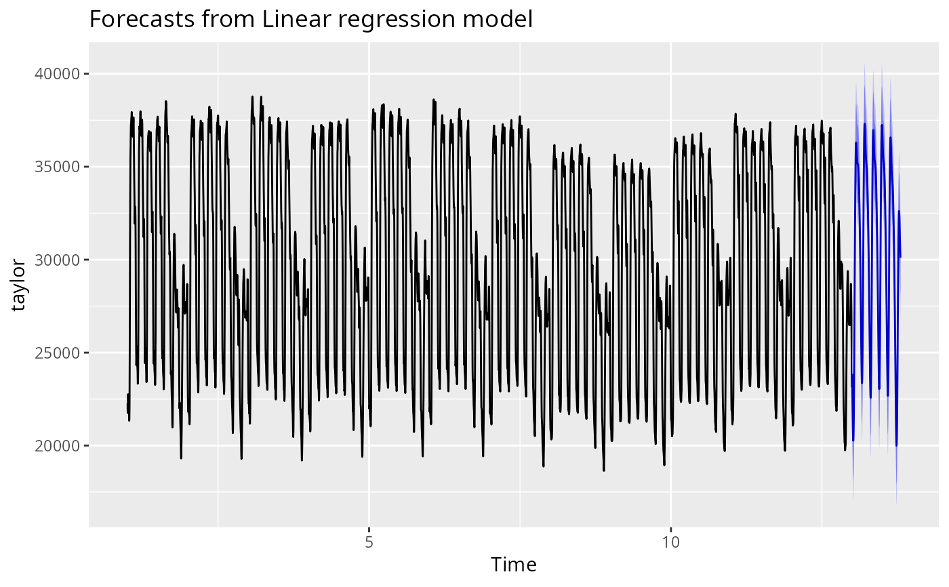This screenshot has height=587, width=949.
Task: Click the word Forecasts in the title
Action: [x=142, y=19]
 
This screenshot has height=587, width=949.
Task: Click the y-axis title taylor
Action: [x=18, y=285]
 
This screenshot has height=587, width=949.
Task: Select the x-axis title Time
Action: [x=514, y=565]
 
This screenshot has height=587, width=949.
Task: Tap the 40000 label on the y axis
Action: [x=57, y=74]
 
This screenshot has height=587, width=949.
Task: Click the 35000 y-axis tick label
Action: [x=57, y=167]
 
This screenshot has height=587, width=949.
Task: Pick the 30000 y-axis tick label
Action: [x=57, y=260]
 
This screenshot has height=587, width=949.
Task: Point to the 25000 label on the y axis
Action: [x=57, y=352]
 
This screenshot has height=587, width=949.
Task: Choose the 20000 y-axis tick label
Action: [x=57, y=445]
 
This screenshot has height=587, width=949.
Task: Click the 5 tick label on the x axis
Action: [x=369, y=542]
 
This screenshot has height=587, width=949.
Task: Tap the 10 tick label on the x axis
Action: [x=671, y=542]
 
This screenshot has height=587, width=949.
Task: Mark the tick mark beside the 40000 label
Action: [x=87, y=74]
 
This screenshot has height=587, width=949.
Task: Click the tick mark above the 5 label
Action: [x=369, y=530]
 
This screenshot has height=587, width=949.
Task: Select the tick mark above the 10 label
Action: [x=671, y=530]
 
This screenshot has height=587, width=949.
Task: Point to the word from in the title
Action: [x=228, y=19]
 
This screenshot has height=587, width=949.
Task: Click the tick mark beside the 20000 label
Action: [x=87, y=445]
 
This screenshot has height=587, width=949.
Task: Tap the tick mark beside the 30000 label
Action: [x=87, y=260]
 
